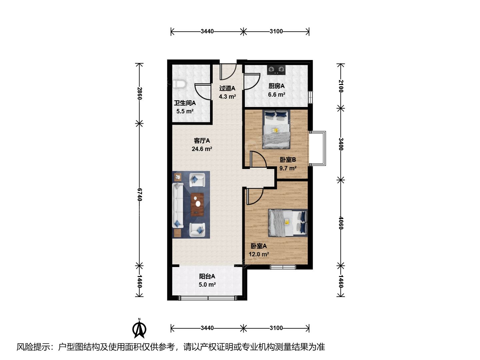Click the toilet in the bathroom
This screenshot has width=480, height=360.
[x=179, y=84]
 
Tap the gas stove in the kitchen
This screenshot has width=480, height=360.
[x=276, y=70]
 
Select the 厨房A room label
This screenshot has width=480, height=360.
[x=276, y=86]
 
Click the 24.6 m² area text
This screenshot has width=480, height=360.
[x=202, y=149]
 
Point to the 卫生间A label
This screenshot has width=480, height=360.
[x=185, y=103]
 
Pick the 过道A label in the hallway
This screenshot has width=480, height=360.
[x=227, y=88]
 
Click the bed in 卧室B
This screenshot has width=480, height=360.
[x=276, y=129]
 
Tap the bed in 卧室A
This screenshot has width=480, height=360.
[x=288, y=223]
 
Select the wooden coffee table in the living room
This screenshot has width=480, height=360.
[x=197, y=205]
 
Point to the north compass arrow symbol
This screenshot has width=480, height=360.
[x=139, y=329]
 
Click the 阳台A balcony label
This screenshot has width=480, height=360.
[x=207, y=276]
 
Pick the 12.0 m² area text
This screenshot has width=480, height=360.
[x=259, y=254]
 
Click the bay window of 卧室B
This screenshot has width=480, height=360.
[x=318, y=148]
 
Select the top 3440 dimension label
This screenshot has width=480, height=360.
[x=207, y=31]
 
